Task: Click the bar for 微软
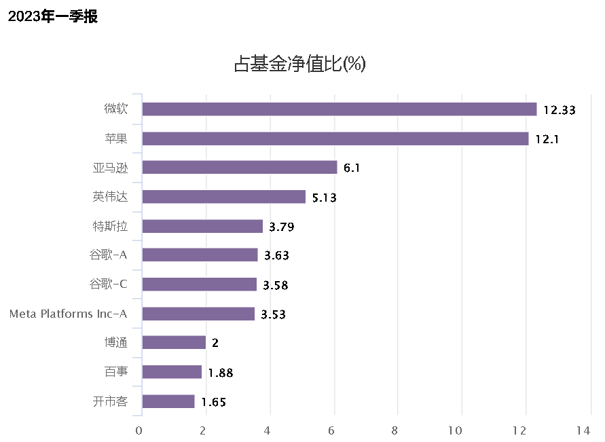point(339,109)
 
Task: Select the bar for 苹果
point(335,139)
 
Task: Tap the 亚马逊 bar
point(239,168)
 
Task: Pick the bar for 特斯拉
point(202,226)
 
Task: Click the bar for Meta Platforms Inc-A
point(198,314)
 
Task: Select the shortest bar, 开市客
point(168,401)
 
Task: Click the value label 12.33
point(560,110)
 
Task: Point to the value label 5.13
point(325,198)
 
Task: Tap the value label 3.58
point(276,285)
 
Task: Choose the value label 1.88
point(221,373)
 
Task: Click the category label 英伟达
point(110,197)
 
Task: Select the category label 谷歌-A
point(108,255)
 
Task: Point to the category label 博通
point(111,343)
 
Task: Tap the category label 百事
point(111,372)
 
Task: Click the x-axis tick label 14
point(583,430)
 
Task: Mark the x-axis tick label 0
point(139,430)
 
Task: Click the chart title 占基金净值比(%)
point(300,65)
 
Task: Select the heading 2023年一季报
point(53,17)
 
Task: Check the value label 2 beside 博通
point(215,344)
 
